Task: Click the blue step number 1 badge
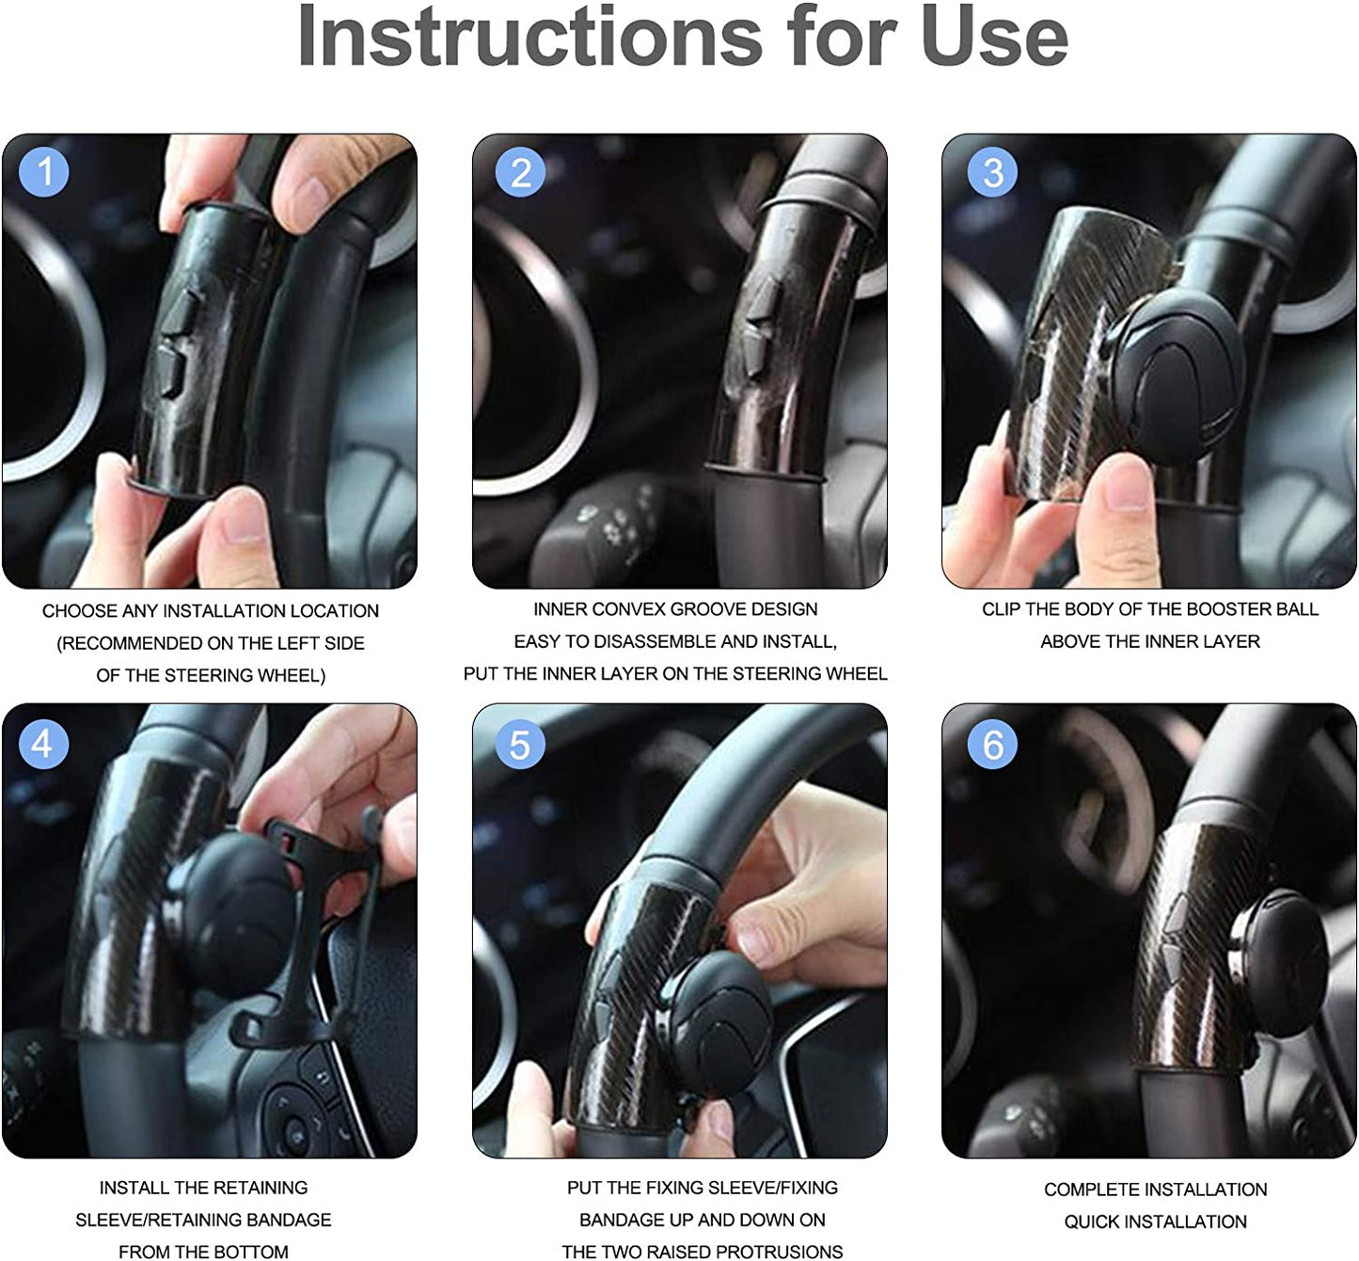coord(44,171)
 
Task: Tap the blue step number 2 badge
coord(520,172)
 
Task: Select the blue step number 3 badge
coord(992,172)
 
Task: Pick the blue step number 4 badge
coord(44,744)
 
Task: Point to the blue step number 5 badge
coord(520,744)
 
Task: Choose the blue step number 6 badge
coord(992,744)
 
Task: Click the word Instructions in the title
coord(530,37)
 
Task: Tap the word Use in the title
coord(995,37)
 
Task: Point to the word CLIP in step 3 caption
coord(1001,609)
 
